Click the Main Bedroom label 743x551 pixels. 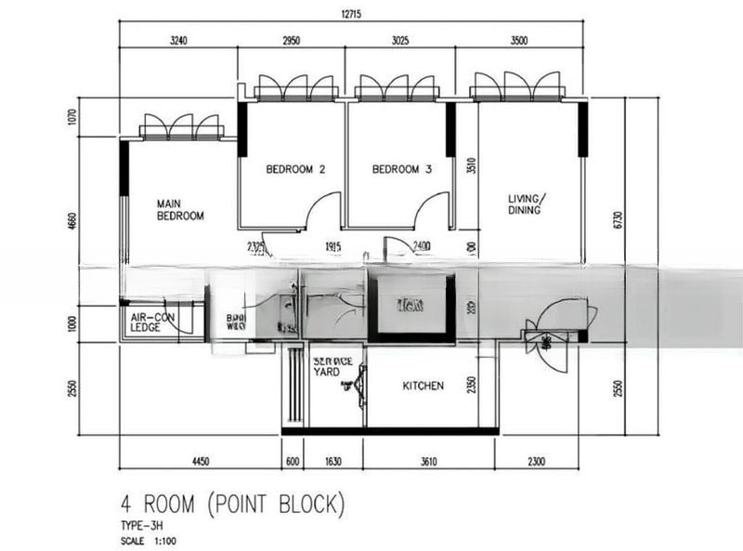point(180,209)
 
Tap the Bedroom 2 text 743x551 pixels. point(295,169)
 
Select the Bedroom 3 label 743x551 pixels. point(402,169)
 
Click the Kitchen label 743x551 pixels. point(423,386)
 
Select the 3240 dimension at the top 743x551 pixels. point(179,40)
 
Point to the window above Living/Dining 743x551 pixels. point(517,88)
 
